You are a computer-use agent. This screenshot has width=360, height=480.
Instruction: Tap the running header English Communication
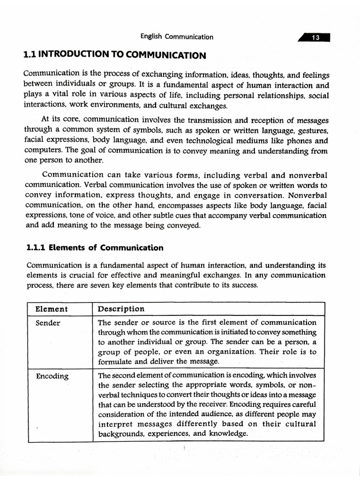pos(177,37)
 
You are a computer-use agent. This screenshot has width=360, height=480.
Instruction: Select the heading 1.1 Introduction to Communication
pos(114,55)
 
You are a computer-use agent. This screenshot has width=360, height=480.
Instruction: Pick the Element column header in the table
pos(52,309)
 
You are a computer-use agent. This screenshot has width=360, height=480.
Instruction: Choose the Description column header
pos(121,309)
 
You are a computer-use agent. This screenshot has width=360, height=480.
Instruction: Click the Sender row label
pos(48,323)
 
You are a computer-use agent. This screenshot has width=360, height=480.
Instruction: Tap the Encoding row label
pos(52,376)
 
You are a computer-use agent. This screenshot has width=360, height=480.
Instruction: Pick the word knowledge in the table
pos(228,434)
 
